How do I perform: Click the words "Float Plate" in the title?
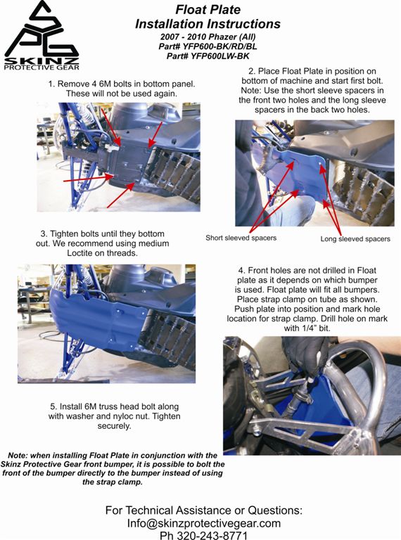(x=208, y=9)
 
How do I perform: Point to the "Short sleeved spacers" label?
(x=241, y=238)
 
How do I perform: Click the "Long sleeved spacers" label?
(x=355, y=239)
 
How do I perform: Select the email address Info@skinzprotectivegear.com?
(x=204, y=523)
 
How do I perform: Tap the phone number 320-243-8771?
(x=212, y=536)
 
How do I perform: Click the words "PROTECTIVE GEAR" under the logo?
(x=42, y=67)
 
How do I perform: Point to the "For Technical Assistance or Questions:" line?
(x=204, y=510)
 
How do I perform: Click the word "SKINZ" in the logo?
(x=42, y=61)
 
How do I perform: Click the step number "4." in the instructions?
(x=242, y=270)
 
